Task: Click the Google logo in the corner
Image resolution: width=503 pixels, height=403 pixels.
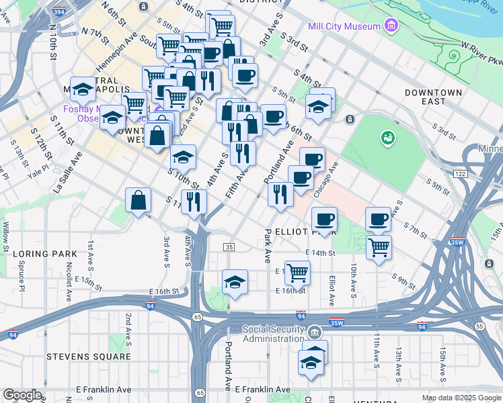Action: [x=22, y=395]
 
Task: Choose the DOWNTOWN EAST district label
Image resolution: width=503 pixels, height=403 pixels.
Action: [x=434, y=97]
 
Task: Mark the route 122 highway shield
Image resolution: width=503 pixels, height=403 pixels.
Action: [x=460, y=173]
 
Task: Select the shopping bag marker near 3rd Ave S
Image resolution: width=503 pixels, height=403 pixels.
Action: [x=138, y=201]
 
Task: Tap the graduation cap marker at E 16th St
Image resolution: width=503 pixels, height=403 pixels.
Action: [x=235, y=282]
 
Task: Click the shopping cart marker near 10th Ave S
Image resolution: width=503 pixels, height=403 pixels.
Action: [x=379, y=247]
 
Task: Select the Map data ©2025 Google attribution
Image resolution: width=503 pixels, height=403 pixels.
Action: [x=461, y=398]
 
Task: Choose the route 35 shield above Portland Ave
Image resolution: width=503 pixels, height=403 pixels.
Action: [x=229, y=247]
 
